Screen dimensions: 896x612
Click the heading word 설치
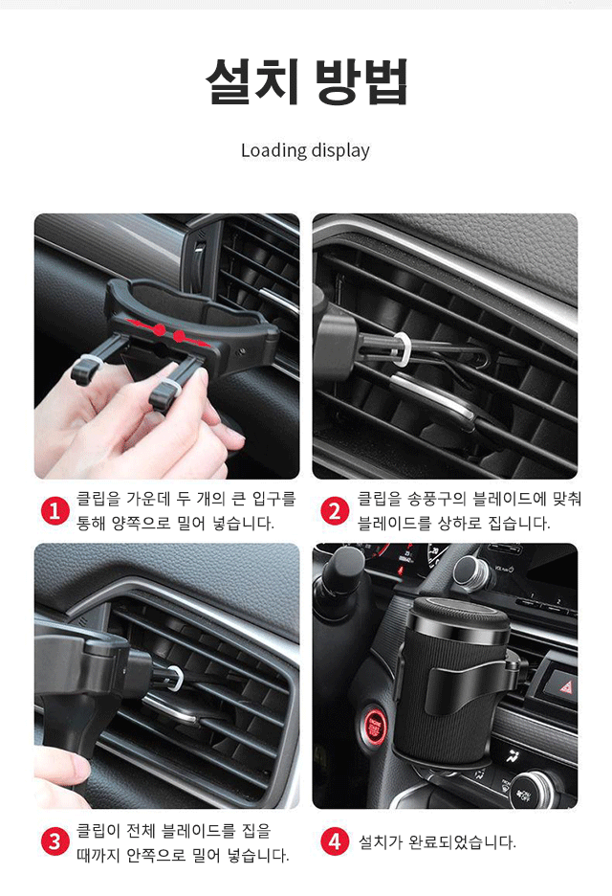253,83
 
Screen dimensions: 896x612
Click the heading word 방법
361,83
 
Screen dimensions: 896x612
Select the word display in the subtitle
339,150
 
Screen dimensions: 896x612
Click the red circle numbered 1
55,511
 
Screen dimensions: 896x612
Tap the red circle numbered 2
335,511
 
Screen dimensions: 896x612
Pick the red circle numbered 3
55,842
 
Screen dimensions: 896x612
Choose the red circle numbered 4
335,842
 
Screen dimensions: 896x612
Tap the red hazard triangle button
561,685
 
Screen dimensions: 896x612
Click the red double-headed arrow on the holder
179,335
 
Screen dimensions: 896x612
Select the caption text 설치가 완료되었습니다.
437,842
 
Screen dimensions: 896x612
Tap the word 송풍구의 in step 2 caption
420,499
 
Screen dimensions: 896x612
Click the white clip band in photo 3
175,679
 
